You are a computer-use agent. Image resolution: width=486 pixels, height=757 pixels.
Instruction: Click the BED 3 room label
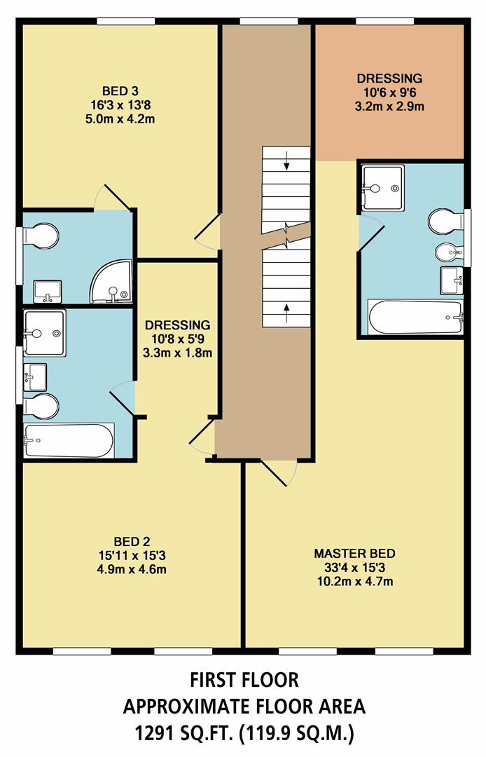click(120, 91)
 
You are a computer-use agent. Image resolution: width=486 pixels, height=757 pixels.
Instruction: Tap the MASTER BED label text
click(355, 552)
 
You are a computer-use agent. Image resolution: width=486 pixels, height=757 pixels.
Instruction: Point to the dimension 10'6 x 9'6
click(389, 93)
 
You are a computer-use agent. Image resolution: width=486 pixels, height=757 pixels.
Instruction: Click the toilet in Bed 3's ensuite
click(40, 236)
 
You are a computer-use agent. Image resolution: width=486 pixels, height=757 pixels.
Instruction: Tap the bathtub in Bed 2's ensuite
click(69, 439)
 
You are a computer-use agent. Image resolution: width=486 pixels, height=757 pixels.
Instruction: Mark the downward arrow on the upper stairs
click(287, 165)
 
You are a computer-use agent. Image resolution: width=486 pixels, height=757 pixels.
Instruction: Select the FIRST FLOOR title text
click(244, 679)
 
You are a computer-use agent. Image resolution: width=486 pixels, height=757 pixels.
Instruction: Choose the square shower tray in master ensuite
click(382, 187)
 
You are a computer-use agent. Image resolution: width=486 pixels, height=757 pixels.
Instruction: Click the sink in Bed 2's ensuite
click(35, 376)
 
